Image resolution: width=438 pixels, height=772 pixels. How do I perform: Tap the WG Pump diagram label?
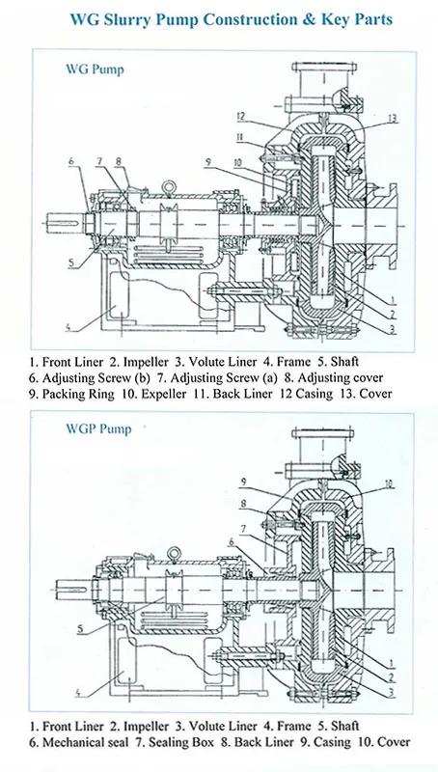pos(95,69)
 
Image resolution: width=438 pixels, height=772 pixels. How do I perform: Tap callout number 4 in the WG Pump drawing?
pos(68,324)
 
